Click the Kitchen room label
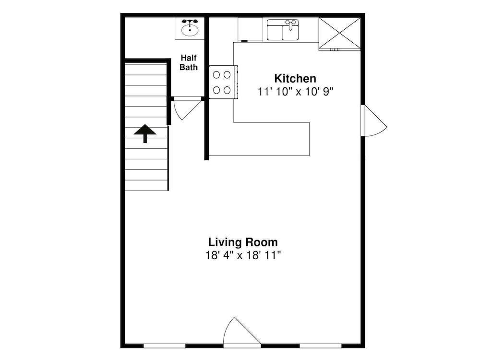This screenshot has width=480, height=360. click(295, 78)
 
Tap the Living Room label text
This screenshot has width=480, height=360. click(243, 242)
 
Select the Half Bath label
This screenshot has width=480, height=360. click(189, 62)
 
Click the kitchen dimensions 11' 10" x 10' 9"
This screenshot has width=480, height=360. click(295, 92)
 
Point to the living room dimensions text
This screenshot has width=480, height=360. click(243, 255)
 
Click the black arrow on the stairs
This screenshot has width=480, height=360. click(145, 133)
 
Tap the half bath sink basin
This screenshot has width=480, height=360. click(190, 30)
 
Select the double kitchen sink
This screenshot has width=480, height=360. click(283, 30)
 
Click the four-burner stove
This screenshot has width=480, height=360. click(224, 82)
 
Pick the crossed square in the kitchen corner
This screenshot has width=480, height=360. click(339, 33)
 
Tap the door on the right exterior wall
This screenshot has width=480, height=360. click(374, 121)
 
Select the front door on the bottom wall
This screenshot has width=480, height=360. click(242, 332)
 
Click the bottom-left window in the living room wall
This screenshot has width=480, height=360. click(164, 346)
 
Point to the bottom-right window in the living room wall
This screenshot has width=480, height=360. click(320, 346)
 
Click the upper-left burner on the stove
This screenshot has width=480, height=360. click(217, 75)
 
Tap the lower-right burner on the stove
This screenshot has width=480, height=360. click(227, 90)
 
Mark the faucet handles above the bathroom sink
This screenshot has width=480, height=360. click(190, 22)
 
